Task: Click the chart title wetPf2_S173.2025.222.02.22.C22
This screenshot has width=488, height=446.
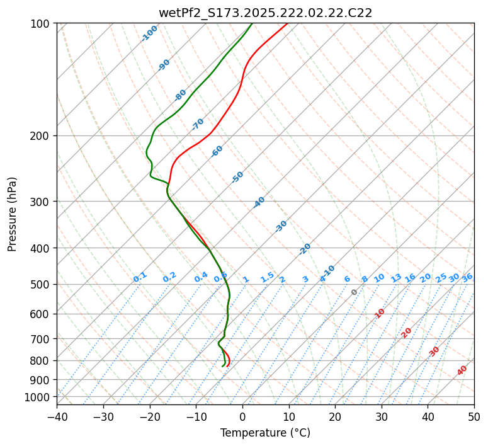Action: [x=265, y=13]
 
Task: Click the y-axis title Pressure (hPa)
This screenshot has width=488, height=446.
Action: [x=13, y=214]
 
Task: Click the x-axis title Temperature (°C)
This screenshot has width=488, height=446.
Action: [x=265, y=433]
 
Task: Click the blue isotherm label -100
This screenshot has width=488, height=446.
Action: [x=149, y=33]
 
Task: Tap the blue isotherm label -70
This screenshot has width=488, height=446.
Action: [x=198, y=124]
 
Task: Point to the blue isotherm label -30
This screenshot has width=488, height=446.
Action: [x=281, y=226]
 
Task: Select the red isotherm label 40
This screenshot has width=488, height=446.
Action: [x=462, y=370]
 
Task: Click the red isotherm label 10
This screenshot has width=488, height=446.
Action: [x=380, y=313]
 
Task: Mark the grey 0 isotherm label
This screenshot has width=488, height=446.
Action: [x=355, y=292]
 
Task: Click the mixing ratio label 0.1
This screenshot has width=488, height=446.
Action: [x=140, y=277]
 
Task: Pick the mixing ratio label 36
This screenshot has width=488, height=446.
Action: [x=467, y=277]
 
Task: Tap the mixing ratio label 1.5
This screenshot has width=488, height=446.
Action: [x=267, y=277]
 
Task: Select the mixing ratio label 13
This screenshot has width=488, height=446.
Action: [x=396, y=278]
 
